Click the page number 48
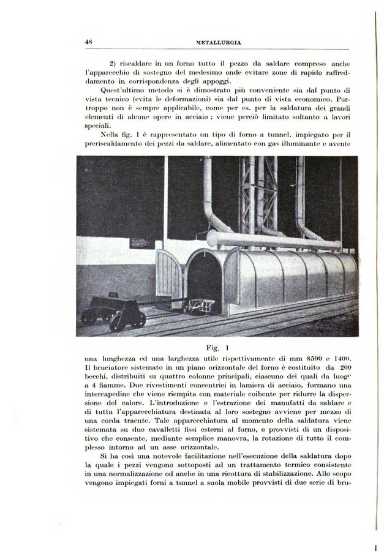pyautogui.click(x=89, y=42)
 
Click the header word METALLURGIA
pyautogui.click(x=218, y=43)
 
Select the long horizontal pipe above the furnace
pyautogui.click(x=273, y=239)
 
